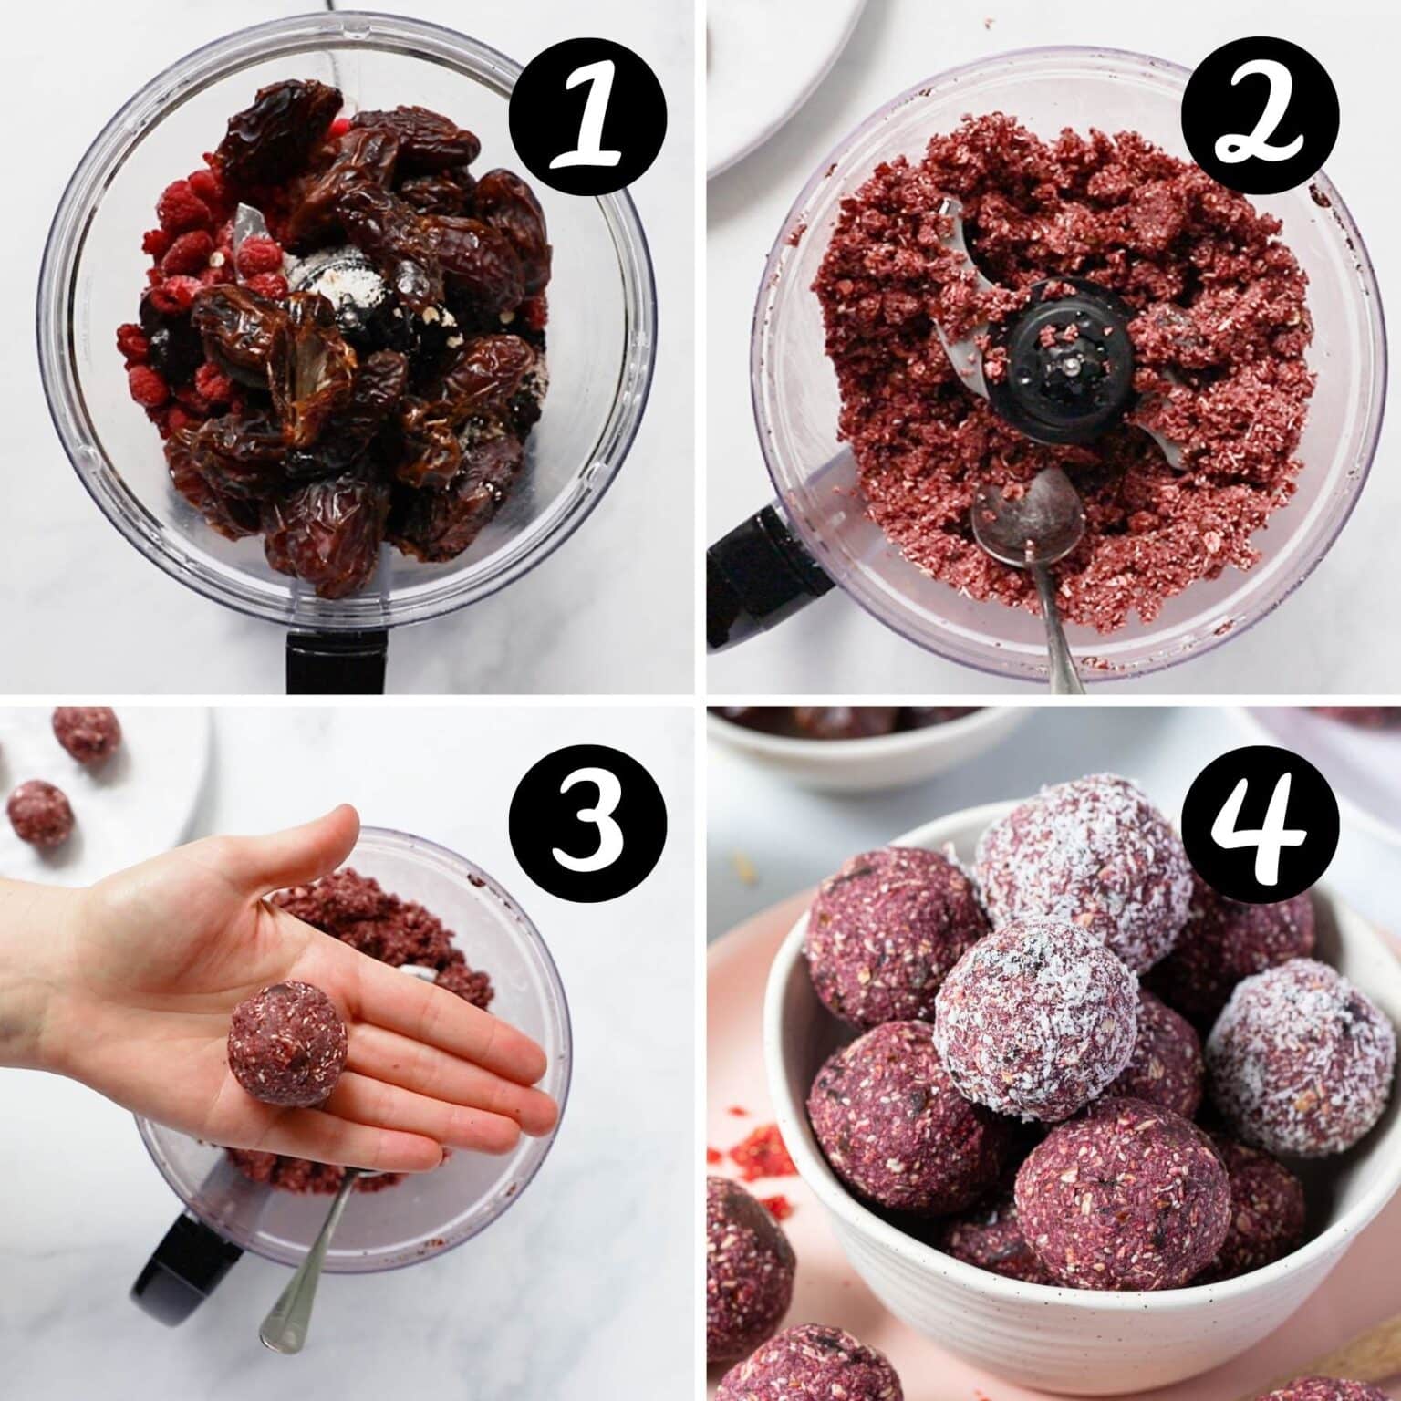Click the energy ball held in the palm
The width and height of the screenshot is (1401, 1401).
tap(287, 1041)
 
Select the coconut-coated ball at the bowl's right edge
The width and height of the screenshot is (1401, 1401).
tap(1291, 1058)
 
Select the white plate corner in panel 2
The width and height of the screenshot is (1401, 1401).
tap(784, 91)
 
